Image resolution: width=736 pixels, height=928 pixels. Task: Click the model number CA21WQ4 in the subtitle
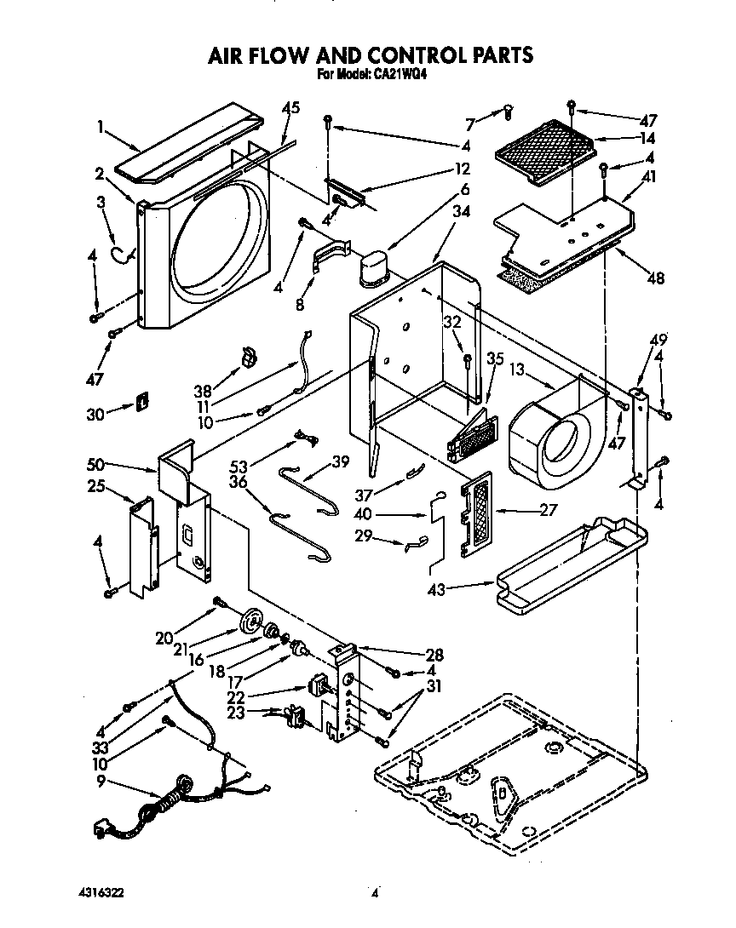[x=399, y=75]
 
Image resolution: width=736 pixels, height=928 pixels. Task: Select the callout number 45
[x=291, y=108]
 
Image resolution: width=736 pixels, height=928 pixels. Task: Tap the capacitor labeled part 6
[x=373, y=262]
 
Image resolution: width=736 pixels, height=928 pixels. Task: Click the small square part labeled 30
[x=142, y=399]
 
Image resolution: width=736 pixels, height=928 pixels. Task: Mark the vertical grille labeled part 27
[x=477, y=513]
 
